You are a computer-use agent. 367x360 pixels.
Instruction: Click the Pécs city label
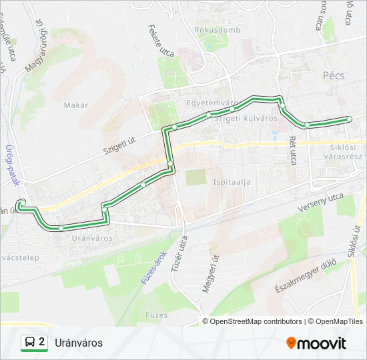point(333,76)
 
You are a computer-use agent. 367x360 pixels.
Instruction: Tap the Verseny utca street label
point(320,204)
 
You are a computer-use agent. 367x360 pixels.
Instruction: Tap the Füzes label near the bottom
point(156,313)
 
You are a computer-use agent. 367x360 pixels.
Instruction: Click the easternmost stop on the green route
point(348,119)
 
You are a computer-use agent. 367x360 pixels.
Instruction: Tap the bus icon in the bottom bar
point(30,343)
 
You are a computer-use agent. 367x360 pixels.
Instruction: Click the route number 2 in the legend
point(43,343)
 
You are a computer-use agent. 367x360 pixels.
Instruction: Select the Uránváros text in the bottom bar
point(79,343)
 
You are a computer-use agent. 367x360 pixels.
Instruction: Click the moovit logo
point(316,343)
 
